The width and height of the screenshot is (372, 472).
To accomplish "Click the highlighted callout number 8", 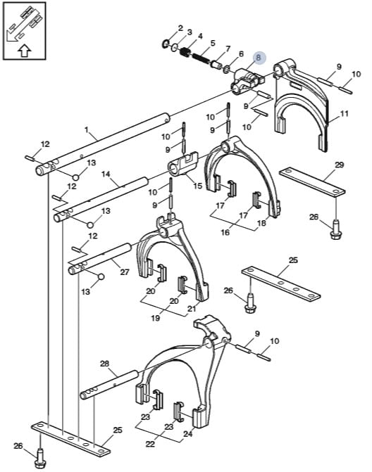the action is click(x=258, y=58).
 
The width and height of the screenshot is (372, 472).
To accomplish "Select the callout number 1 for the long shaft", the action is click(x=87, y=130).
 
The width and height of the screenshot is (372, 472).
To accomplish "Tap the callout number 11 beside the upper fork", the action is click(x=344, y=113).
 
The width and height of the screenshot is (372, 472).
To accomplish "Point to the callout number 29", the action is click(x=339, y=165).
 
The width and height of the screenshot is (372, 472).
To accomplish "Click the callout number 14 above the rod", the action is click(x=106, y=174).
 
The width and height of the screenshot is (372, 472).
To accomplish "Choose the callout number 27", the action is click(x=125, y=272).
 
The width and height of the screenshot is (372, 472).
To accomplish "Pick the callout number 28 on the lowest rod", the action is click(x=104, y=364).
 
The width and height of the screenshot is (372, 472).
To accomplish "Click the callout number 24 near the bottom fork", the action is click(x=187, y=434).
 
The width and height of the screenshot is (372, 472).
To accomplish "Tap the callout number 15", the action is click(x=197, y=186).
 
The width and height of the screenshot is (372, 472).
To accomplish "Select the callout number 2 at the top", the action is click(x=180, y=28).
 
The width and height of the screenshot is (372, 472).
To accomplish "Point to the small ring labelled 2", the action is click(x=165, y=44).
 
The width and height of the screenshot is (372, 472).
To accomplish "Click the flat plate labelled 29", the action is click(x=312, y=182).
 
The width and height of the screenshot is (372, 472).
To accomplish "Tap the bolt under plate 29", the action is click(x=335, y=230).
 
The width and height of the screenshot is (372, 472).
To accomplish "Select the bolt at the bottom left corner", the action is click(x=40, y=459).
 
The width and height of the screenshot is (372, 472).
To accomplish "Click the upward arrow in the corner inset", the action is click(x=25, y=51).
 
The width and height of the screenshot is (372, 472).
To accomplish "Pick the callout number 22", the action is click(x=150, y=444).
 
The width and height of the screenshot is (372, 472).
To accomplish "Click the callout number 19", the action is click(x=156, y=318).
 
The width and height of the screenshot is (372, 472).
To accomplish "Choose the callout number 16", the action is click(x=225, y=232).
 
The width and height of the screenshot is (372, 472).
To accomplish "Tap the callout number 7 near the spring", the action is click(x=228, y=49).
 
